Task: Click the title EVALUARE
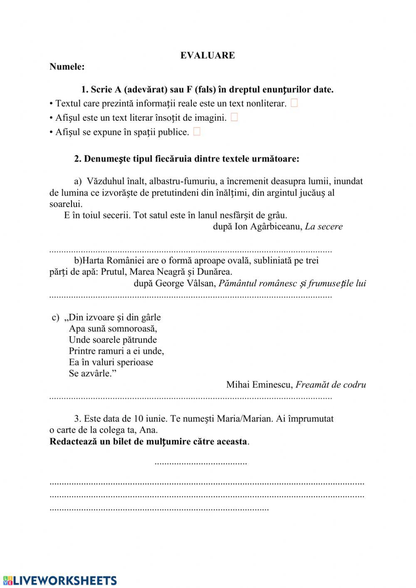click(208, 55)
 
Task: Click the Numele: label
click(67, 67)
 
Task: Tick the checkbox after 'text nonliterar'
click(294, 103)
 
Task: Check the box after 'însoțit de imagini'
click(234, 117)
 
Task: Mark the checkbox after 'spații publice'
click(197, 131)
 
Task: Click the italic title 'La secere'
click(324, 226)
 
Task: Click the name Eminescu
click(272, 385)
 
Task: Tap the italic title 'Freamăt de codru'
click(331, 385)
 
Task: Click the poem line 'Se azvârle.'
click(92, 373)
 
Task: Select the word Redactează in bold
click(74, 442)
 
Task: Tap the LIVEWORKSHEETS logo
click(59, 581)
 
